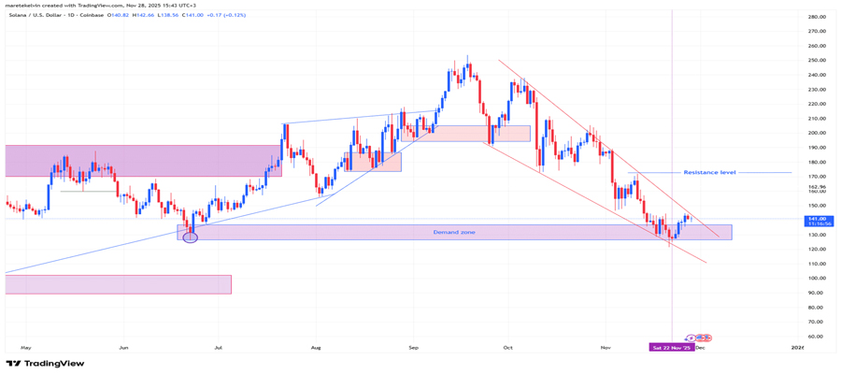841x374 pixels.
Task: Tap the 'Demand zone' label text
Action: coord(453,232)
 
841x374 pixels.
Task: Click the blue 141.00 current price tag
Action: coord(817,219)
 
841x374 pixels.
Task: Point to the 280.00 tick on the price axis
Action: coord(817,17)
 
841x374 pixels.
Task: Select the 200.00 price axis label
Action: coord(817,133)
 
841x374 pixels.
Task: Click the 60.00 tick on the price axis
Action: coord(817,336)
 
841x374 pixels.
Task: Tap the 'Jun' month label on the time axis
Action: coord(122,347)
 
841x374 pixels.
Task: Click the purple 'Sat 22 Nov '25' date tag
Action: coord(673,347)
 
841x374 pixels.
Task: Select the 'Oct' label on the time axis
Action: coord(507,347)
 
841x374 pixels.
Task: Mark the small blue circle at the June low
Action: coord(191,237)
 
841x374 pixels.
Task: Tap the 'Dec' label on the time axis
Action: coord(700,347)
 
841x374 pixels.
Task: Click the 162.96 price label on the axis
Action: coord(817,187)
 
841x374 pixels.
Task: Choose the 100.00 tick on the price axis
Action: coord(817,278)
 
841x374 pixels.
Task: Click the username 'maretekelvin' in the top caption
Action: coord(24,6)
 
